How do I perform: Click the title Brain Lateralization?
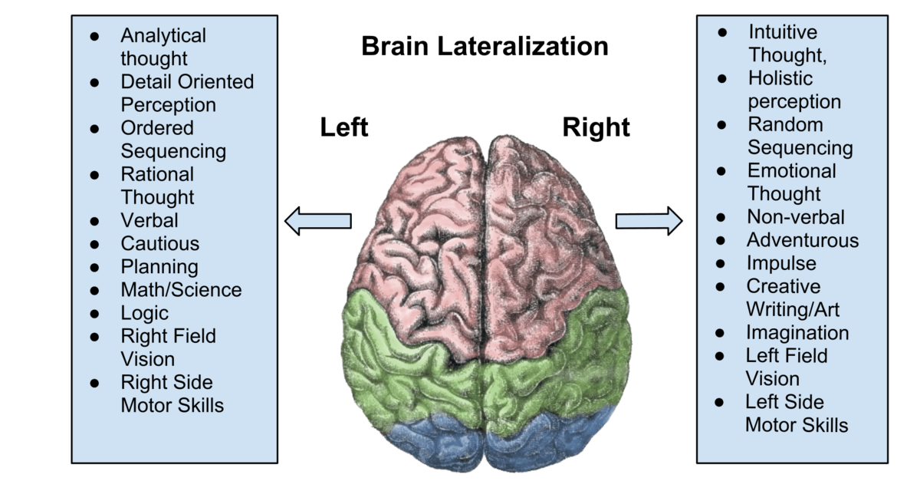click(485, 46)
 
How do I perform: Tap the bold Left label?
click(344, 127)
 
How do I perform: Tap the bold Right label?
click(596, 127)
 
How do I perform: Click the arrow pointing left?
click(317, 221)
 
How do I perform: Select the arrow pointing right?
click(649, 221)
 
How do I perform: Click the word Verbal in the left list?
click(149, 220)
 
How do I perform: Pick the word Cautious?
click(160, 243)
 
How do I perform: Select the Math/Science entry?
click(181, 289)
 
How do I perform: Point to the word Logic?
click(145, 313)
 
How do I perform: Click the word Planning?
click(159, 266)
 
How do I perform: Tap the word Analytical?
click(163, 35)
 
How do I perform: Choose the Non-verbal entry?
click(796, 217)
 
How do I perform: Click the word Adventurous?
click(803, 240)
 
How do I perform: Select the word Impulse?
click(781, 263)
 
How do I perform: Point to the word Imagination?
click(797, 333)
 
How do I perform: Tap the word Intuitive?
click(783, 32)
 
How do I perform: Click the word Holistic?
click(780, 78)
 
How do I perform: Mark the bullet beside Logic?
click(94, 313)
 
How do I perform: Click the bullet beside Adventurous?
click(721, 240)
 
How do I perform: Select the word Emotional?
click(792, 170)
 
